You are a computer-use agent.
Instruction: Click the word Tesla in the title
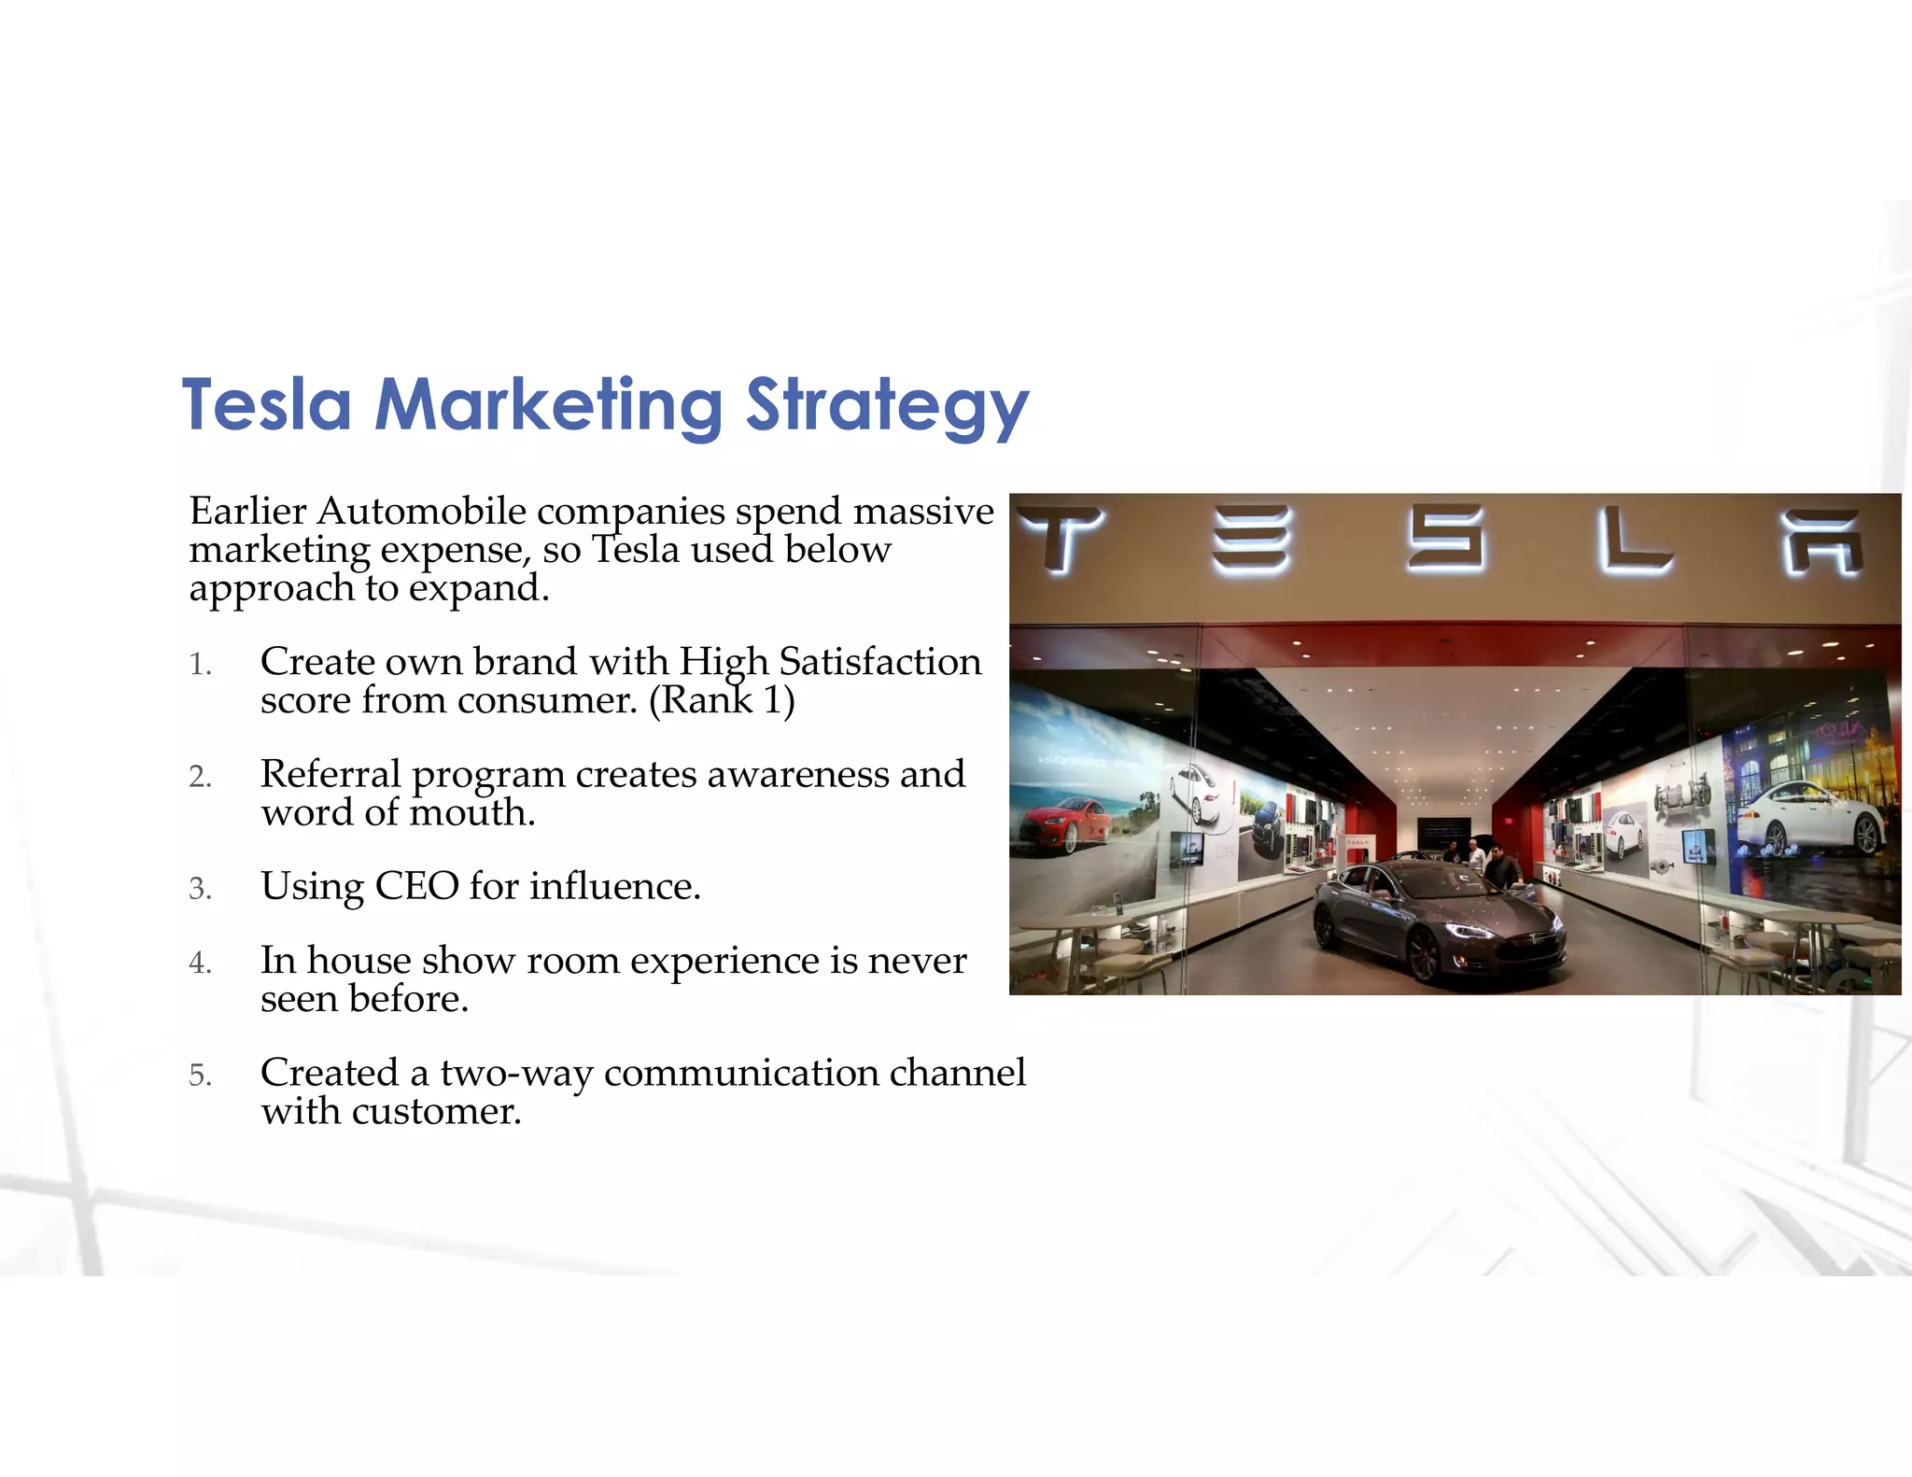coord(267,406)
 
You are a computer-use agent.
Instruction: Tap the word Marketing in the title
coord(548,406)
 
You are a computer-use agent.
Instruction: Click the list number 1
coord(200,665)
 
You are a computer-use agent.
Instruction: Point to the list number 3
coord(200,889)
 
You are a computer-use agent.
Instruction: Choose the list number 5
coord(200,1076)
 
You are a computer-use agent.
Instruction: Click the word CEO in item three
coord(416,886)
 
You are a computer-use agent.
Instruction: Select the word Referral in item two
coord(330,774)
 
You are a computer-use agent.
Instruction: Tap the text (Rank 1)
coord(722,700)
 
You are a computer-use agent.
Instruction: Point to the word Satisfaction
coord(879,662)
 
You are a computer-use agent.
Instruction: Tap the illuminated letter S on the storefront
coord(1445,537)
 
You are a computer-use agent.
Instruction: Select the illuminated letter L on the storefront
coord(1633,539)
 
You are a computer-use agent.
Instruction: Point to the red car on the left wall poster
coord(1064,823)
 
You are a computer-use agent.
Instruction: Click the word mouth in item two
coord(472,813)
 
